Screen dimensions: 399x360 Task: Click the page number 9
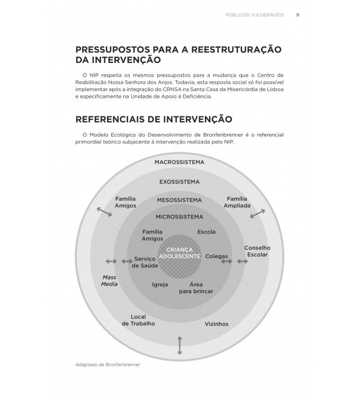coord(298,15)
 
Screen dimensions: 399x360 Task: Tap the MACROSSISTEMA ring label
coord(179,162)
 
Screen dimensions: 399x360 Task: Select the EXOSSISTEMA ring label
coord(179,182)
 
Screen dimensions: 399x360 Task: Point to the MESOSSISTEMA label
coord(179,200)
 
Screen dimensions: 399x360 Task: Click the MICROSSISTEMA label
coord(179,216)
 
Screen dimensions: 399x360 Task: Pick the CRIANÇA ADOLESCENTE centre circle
coord(179,252)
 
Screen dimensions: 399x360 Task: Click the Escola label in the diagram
coord(206,232)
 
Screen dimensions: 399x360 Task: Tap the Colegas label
coord(217,256)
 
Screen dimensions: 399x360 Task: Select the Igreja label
coord(160,284)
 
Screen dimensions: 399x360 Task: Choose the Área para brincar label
coord(196,288)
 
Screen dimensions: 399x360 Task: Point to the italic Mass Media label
coord(110,280)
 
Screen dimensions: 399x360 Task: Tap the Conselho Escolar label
coord(257,251)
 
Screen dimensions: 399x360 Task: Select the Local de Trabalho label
coord(138,320)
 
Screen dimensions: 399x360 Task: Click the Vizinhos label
coord(217,323)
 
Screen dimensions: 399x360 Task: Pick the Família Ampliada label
coord(237,202)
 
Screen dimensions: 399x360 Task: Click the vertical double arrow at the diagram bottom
coord(180,345)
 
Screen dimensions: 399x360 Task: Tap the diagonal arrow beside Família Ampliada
coord(258,213)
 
